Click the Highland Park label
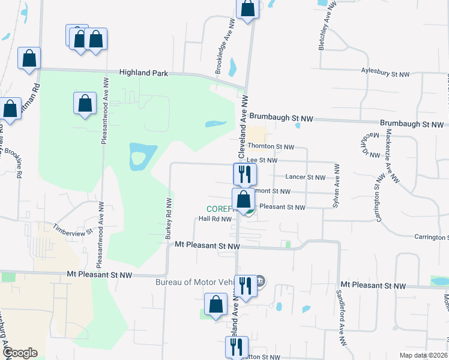tap(143, 73)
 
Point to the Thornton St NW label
tap(271, 146)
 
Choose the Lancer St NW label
tap(305, 177)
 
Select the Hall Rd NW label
tap(215, 219)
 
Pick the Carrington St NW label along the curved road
tap(379, 198)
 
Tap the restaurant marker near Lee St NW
tap(245, 174)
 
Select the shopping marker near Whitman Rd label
tap(29, 58)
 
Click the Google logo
tap(20, 353)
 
